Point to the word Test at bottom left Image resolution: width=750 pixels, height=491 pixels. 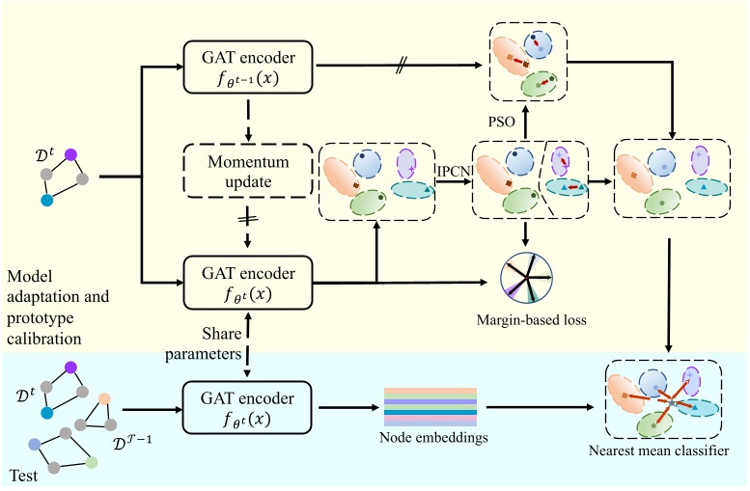pyautogui.click(x=24, y=476)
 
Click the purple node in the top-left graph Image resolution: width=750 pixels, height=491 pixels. pyautogui.click(x=70, y=153)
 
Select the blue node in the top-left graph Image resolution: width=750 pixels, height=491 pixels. pyautogui.click(x=46, y=201)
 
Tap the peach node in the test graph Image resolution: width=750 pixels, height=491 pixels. pyautogui.click(x=104, y=398)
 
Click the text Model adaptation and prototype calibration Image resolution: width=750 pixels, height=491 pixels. pyautogui.click(x=60, y=305)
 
